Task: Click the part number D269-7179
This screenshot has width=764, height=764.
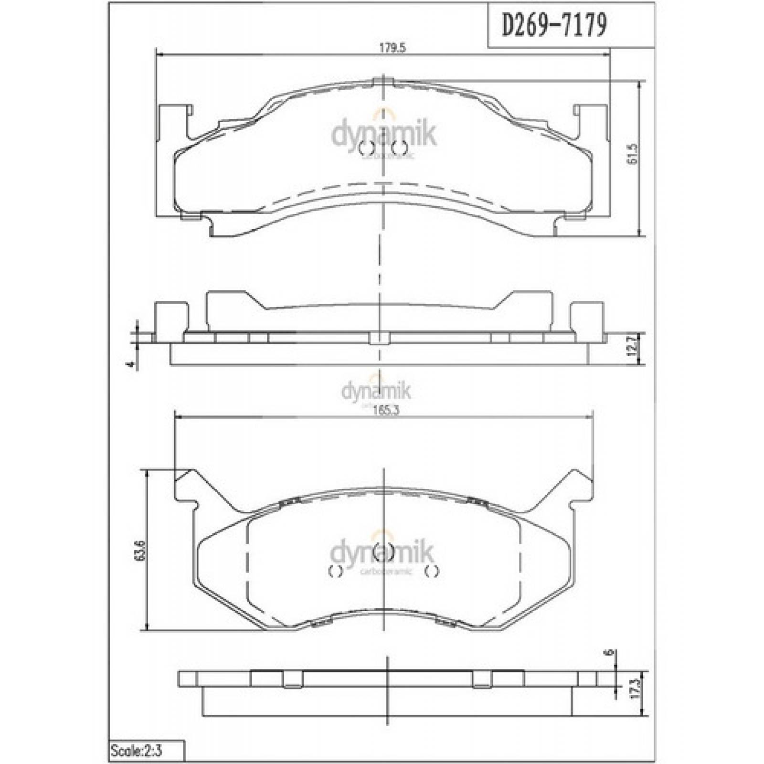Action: tap(554, 25)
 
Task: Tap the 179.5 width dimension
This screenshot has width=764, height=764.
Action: tap(392, 48)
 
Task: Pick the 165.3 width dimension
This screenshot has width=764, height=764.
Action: tap(386, 411)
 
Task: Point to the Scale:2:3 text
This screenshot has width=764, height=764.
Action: tap(137, 751)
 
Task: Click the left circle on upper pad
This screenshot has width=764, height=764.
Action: tap(365, 149)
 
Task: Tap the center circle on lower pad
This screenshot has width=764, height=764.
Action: tap(382, 552)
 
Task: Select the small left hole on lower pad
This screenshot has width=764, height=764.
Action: tap(336, 571)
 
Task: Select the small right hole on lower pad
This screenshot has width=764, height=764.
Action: tap(432, 571)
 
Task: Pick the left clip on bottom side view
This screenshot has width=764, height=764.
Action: tap(293, 679)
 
